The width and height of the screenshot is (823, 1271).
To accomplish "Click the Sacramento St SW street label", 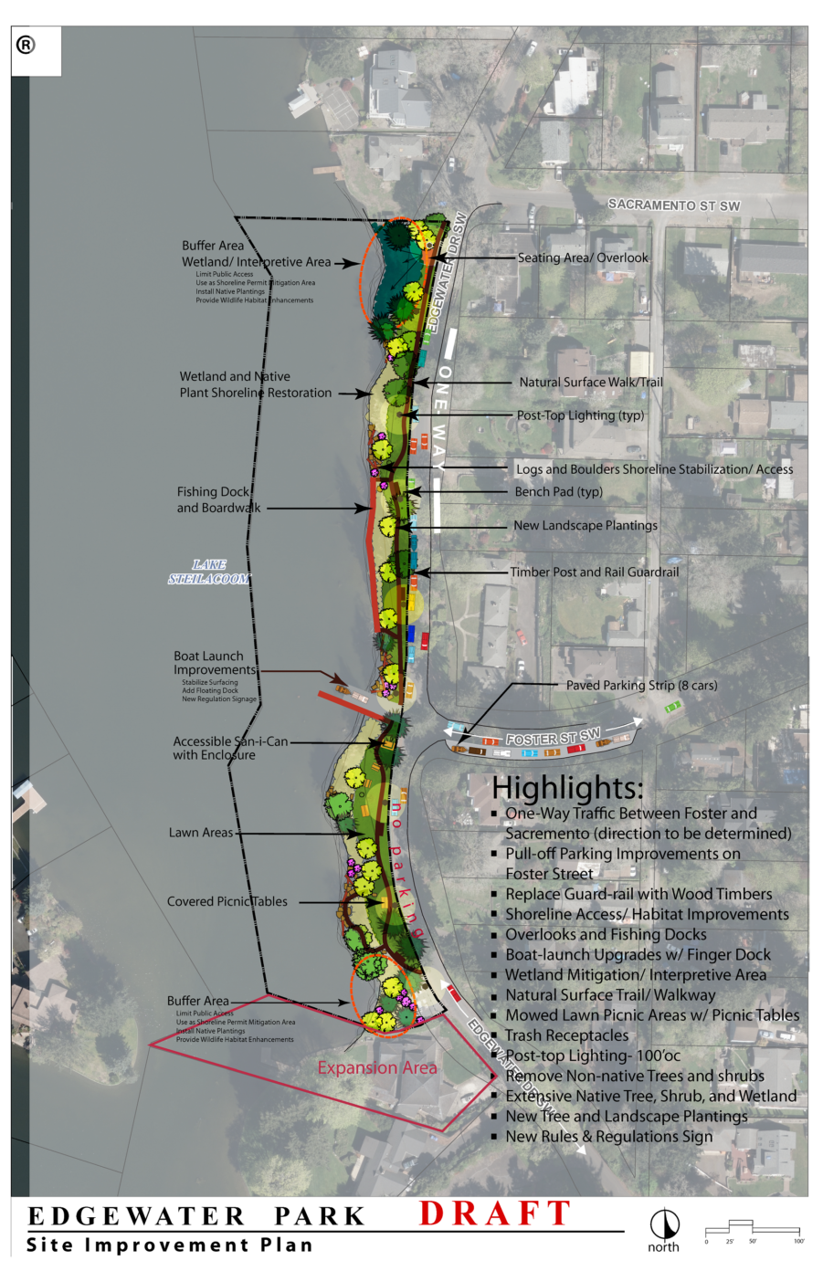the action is pyautogui.click(x=674, y=205).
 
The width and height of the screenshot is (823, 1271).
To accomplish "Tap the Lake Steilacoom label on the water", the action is pyautogui.click(x=209, y=572).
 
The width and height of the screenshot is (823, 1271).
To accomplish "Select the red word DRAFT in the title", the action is pyautogui.click(x=495, y=1213).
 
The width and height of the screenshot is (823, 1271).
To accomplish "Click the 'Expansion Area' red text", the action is pyautogui.click(x=377, y=1067).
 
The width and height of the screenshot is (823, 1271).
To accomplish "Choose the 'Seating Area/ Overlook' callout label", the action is pyautogui.click(x=583, y=257).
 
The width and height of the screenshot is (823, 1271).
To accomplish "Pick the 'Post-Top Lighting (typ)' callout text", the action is pyautogui.click(x=580, y=415).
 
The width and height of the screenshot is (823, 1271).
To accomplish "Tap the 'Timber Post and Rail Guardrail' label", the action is pyautogui.click(x=595, y=572).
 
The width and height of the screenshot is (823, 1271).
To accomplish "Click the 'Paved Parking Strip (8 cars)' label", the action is pyautogui.click(x=641, y=685).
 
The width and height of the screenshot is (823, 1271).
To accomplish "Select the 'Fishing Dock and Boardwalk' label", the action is pyautogui.click(x=217, y=499).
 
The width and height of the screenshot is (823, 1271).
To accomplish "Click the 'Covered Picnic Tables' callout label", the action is pyautogui.click(x=227, y=901).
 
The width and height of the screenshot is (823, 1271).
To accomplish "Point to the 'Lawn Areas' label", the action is pyautogui.click(x=201, y=833).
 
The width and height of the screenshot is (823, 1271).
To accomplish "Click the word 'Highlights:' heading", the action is pyautogui.click(x=567, y=787).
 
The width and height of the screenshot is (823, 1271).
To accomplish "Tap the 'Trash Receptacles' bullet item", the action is pyautogui.click(x=566, y=1035).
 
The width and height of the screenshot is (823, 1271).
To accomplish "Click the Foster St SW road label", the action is pyautogui.click(x=553, y=737).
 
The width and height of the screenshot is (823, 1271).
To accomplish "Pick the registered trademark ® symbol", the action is pyautogui.click(x=26, y=45).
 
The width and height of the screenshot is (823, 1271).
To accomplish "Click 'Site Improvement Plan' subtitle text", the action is pyautogui.click(x=170, y=1245).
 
